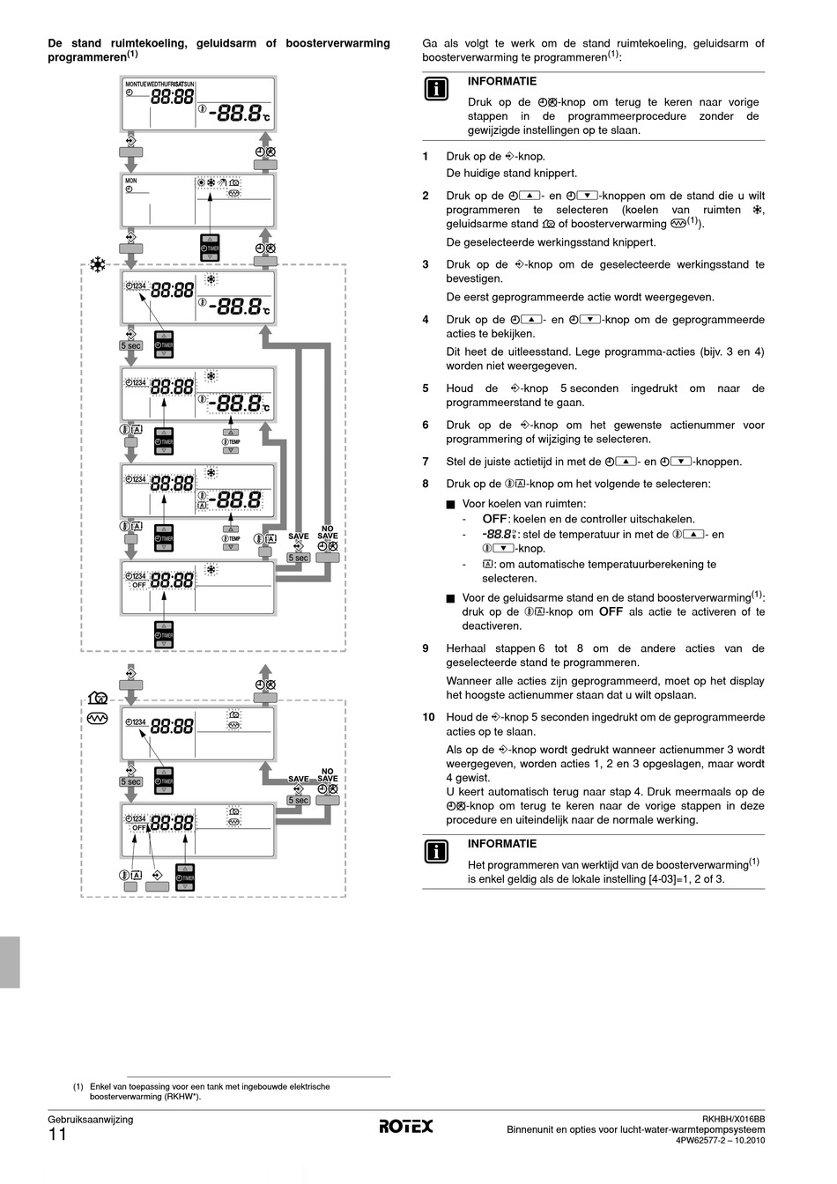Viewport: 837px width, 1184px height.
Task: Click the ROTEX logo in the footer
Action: pyautogui.click(x=406, y=1126)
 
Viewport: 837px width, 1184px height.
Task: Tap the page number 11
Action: pyautogui.click(x=57, y=1136)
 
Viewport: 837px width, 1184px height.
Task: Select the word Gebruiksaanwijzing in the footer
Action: pyautogui.click(x=90, y=1120)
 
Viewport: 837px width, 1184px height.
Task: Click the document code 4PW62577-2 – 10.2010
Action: pyautogui.click(x=720, y=1140)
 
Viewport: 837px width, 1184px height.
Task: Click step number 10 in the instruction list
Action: pyautogui.click(x=429, y=717)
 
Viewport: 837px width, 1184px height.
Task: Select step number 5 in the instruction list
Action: pyautogui.click(x=426, y=388)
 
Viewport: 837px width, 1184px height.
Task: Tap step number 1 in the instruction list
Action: pyautogui.click(x=426, y=157)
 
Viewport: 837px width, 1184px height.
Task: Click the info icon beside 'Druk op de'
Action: pyautogui.click(x=437, y=89)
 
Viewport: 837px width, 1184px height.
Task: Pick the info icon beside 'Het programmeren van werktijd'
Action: pyautogui.click(x=437, y=851)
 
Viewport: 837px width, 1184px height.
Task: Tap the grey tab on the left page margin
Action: pyautogui.click(x=10, y=951)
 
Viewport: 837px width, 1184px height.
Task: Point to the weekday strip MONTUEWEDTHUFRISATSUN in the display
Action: pyautogui.click(x=160, y=84)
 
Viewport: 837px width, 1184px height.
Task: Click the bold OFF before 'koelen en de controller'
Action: pyautogui.click(x=494, y=519)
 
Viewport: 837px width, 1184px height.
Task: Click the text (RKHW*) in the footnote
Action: pyautogui.click(x=181, y=1097)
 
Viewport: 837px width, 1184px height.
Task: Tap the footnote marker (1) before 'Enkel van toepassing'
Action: pyautogui.click(x=78, y=1086)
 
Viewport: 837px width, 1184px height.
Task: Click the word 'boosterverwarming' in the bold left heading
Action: pyautogui.click(x=338, y=43)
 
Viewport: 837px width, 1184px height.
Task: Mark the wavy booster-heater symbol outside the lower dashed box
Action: pyautogui.click(x=97, y=719)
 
